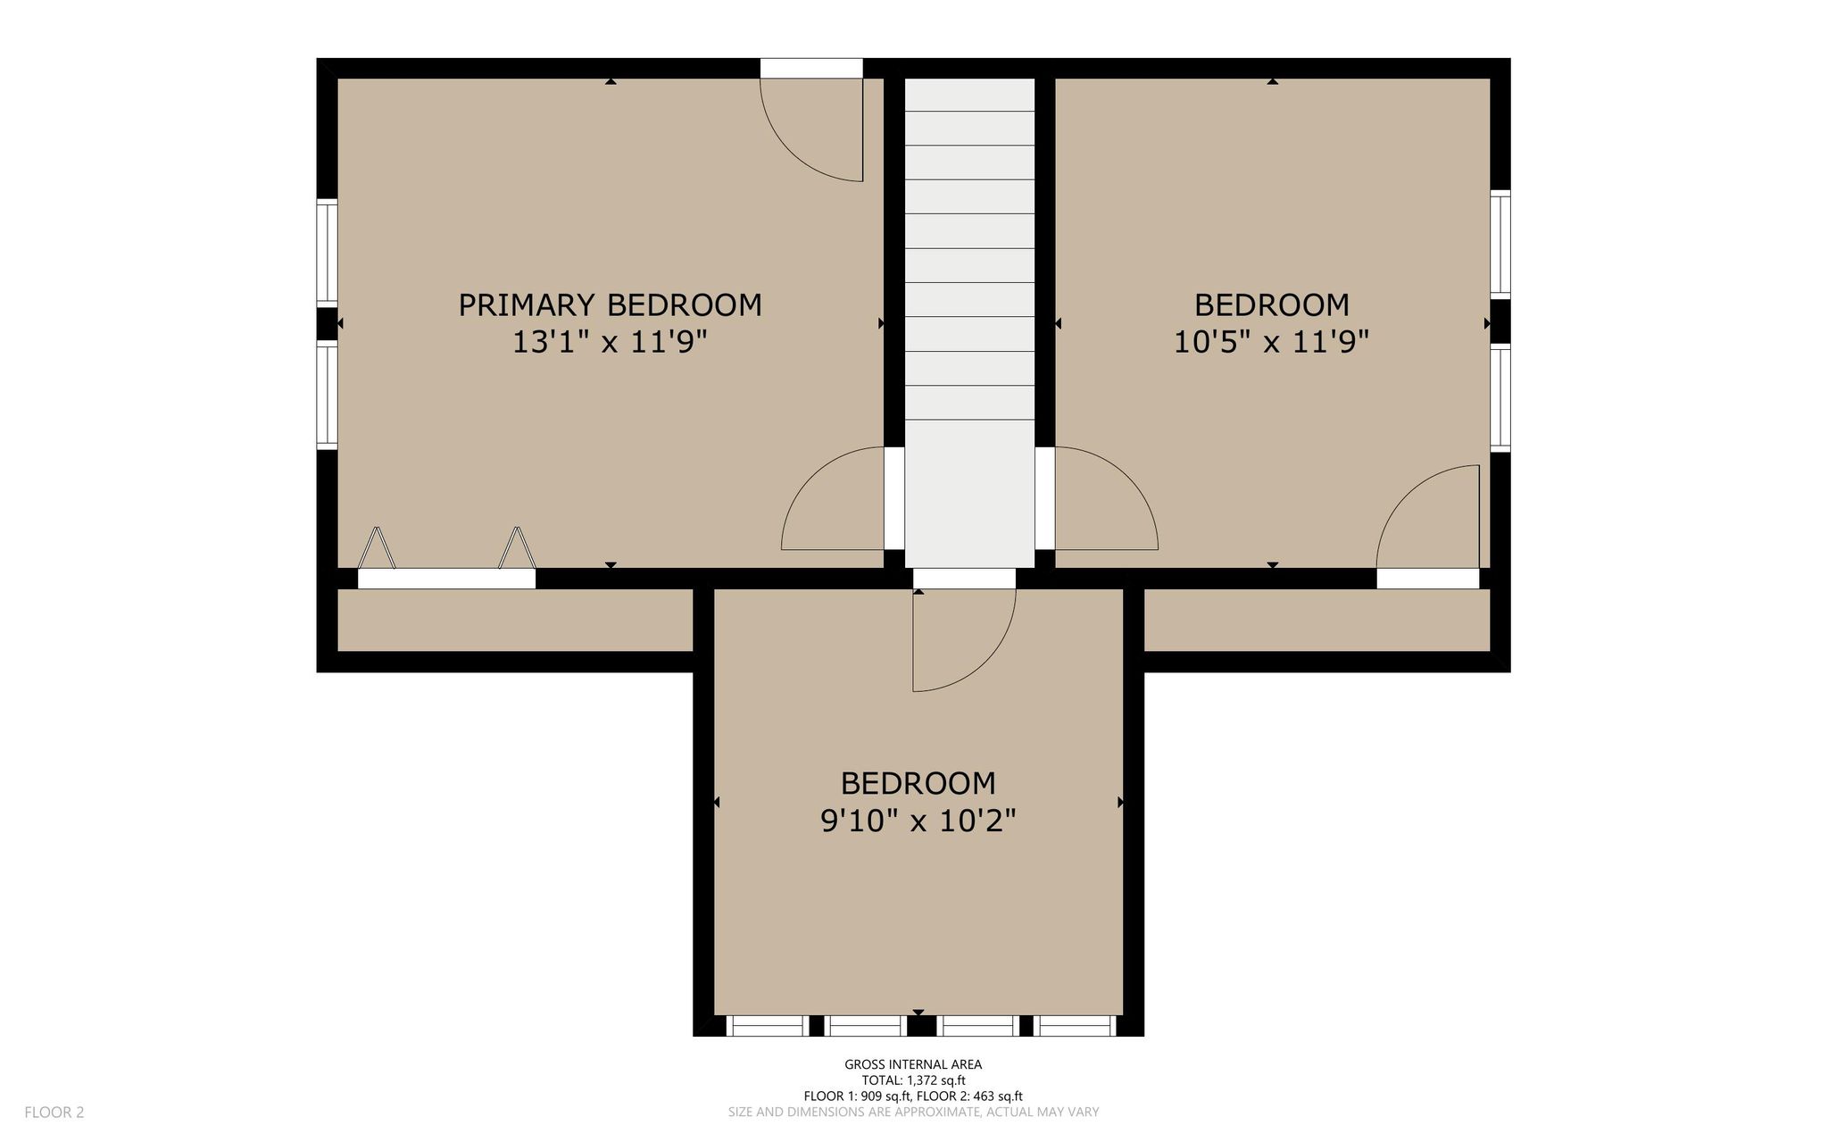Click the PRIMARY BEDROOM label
[x=611, y=305]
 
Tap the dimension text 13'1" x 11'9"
[x=610, y=341]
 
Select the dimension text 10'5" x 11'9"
[x=1272, y=341]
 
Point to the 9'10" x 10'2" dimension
[x=918, y=820]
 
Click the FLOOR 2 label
[x=54, y=1113]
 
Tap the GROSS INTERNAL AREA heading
[x=913, y=1064]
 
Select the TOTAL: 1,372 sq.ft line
[x=913, y=1080]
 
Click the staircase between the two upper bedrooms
[x=970, y=322]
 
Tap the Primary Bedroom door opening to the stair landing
[x=834, y=499]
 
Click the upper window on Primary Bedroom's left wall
[x=328, y=253]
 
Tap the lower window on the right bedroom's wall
[x=1500, y=397]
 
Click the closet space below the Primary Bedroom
[x=515, y=620]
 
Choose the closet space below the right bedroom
[x=1317, y=620]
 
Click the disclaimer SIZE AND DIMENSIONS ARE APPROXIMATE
[x=913, y=1113]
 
